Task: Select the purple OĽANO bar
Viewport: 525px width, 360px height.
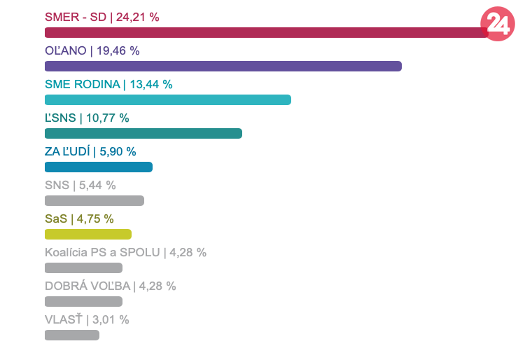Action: click(x=223, y=66)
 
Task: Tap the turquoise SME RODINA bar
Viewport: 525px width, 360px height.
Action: click(x=167, y=99)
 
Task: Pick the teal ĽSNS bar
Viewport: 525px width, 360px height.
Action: click(x=143, y=133)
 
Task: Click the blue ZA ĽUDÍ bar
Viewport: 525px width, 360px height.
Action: click(x=98, y=167)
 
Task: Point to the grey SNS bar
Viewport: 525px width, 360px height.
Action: click(x=94, y=200)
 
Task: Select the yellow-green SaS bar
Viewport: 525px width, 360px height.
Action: click(x=87, y=234)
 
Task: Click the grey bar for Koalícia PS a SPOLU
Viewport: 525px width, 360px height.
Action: click(x=83, y=268)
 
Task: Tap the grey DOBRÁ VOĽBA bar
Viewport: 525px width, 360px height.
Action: click(x=83, y=301)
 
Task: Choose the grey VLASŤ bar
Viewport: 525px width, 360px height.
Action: click(x=71, y=335)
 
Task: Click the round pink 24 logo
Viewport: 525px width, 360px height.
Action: click(x=498, y=25)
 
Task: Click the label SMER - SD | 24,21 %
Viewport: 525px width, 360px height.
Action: click(x=101, y=17)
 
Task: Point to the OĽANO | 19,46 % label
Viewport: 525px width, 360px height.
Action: click(x=92, y=50)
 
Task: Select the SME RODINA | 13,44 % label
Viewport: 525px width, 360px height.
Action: click(x=108, y=84)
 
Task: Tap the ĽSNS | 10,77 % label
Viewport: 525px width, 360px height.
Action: click(x=87, y=118)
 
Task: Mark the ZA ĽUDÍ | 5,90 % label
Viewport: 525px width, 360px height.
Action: click(x=90, y=151)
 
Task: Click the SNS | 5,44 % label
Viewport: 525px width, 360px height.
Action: click(x=80, y=185)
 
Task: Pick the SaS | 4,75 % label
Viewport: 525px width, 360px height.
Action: click(x=79, y=219)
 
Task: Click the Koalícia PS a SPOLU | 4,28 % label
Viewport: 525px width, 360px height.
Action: click(x=125, y=252)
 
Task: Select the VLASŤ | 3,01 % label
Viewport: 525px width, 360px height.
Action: click(x=87, y=319)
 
